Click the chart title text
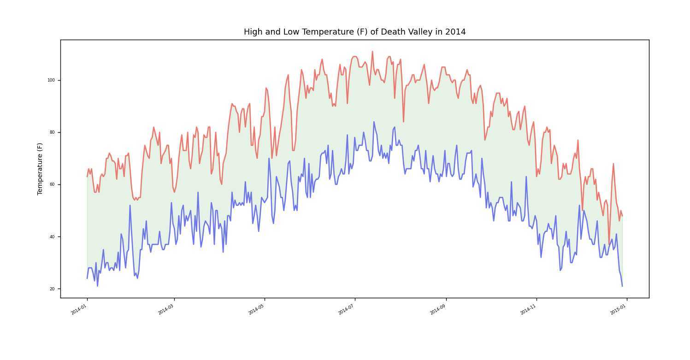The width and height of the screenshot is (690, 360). [354, 32]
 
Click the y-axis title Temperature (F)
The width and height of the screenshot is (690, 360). [40, 169]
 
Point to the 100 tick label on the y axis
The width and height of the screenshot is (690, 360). [51, 80]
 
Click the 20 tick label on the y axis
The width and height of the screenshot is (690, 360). [52, 289]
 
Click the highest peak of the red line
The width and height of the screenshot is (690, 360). [372, 52]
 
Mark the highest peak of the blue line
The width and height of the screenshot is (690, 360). [374, 122]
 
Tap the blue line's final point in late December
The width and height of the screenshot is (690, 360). [622, 286]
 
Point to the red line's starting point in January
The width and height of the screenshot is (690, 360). [87, 177]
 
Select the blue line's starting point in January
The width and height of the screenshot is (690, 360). [87, 278]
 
